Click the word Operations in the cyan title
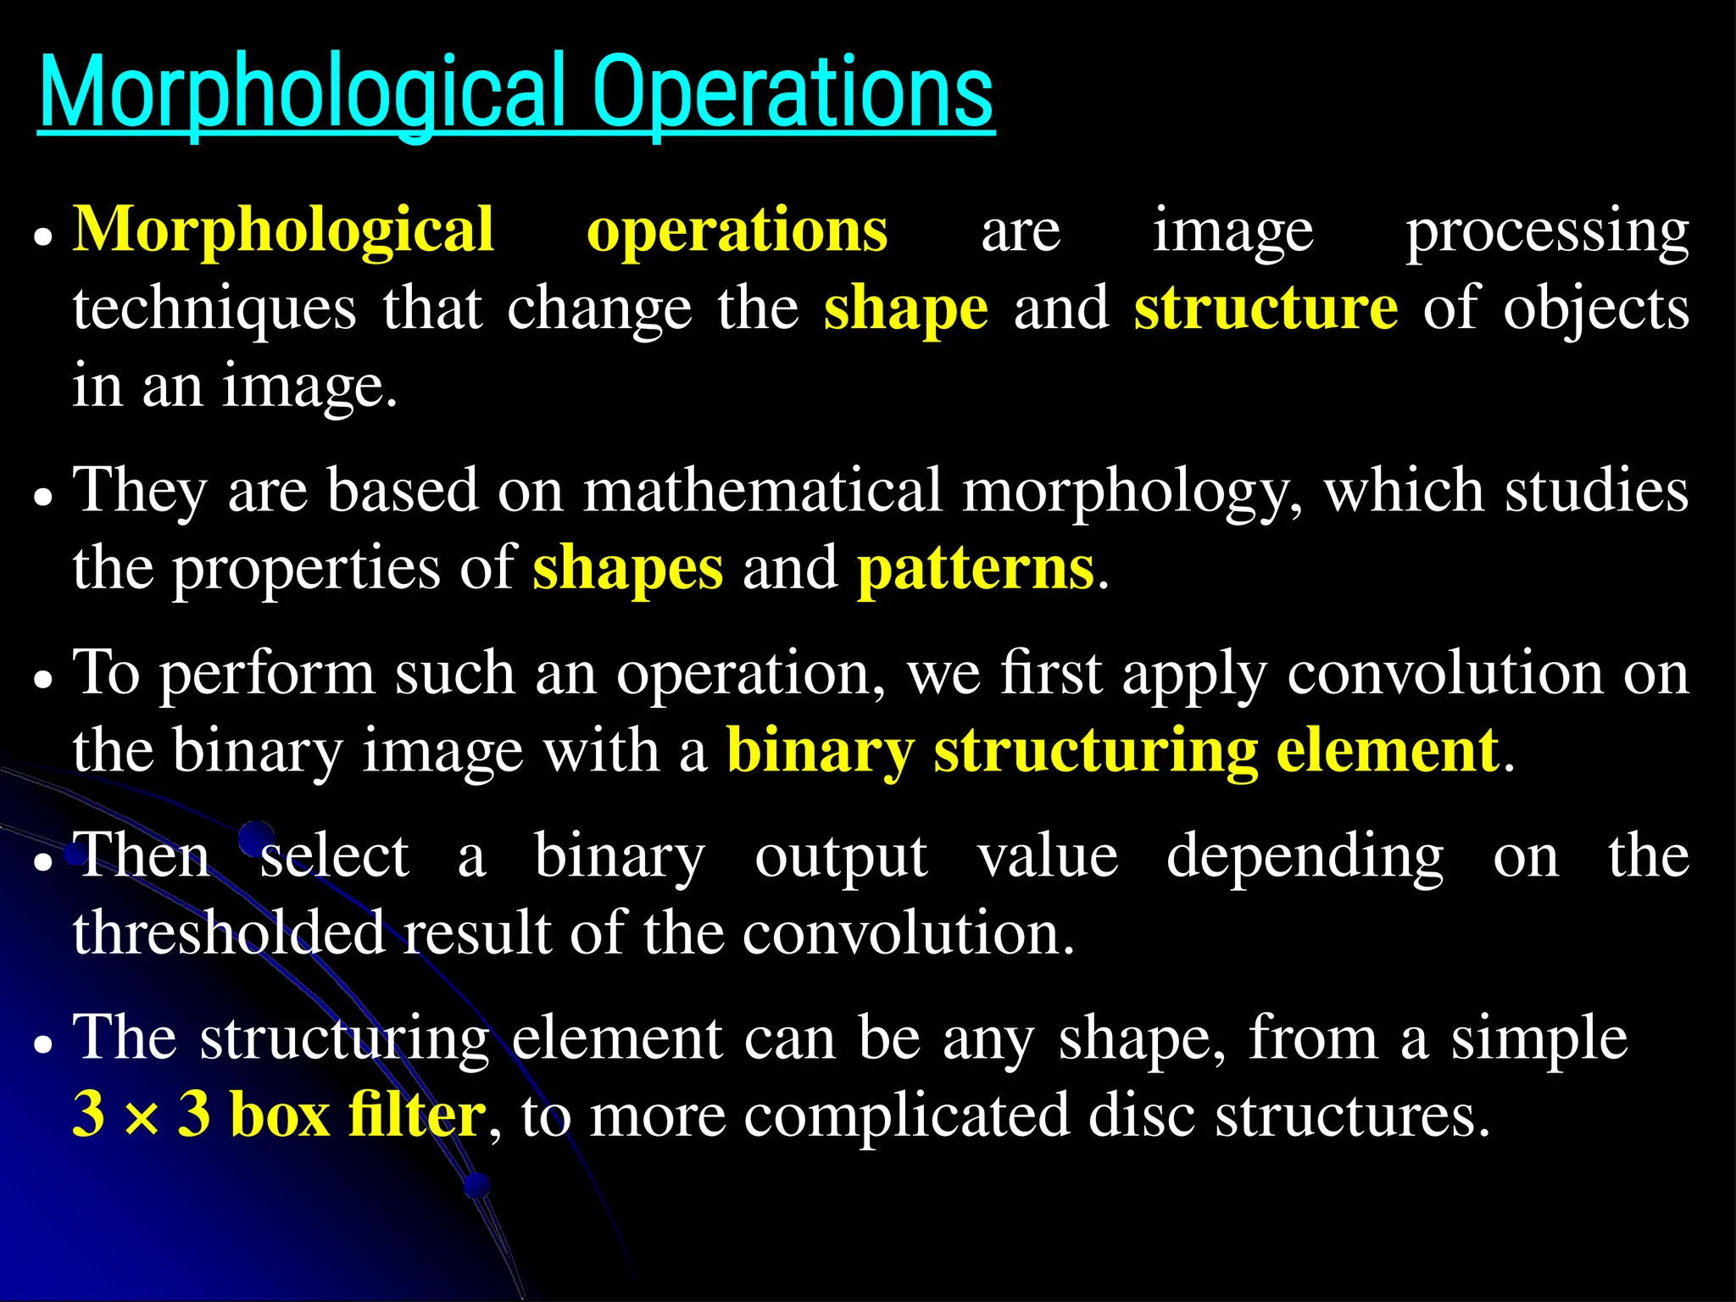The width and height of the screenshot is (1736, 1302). point(793,92)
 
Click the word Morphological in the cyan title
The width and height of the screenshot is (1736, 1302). point(301,92)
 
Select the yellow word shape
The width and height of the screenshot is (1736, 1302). point(905,309)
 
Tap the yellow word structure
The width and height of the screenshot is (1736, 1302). point(1266,309)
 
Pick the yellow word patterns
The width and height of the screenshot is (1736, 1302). point(975,569)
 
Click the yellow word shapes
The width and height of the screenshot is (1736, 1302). point(627,569)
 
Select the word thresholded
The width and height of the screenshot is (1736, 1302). point(228,933)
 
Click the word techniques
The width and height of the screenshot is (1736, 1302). point(214,309)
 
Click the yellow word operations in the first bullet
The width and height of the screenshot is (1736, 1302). point(737,231)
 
